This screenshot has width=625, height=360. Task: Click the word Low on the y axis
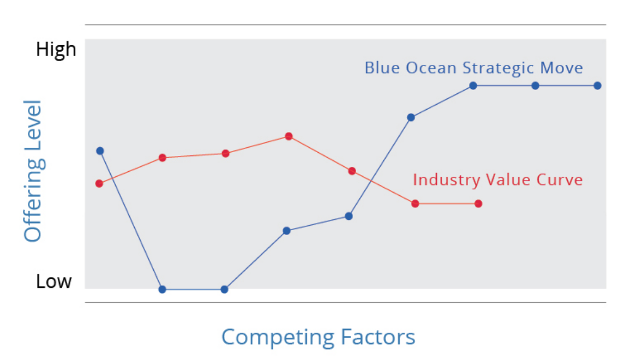54,281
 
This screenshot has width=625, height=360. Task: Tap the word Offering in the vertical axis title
33,199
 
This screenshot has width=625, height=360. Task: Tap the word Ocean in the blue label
431,68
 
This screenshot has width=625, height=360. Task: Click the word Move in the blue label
561,68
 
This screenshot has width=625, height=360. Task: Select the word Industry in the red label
447,180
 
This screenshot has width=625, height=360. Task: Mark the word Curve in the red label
559,180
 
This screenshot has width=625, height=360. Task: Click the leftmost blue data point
100,151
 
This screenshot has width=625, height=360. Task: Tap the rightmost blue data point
597,85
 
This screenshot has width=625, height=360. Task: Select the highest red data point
289,136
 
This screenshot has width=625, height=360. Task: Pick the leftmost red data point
99,183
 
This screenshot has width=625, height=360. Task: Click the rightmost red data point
478,203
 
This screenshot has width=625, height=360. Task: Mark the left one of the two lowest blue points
162,290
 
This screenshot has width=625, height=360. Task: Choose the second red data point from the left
162,158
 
